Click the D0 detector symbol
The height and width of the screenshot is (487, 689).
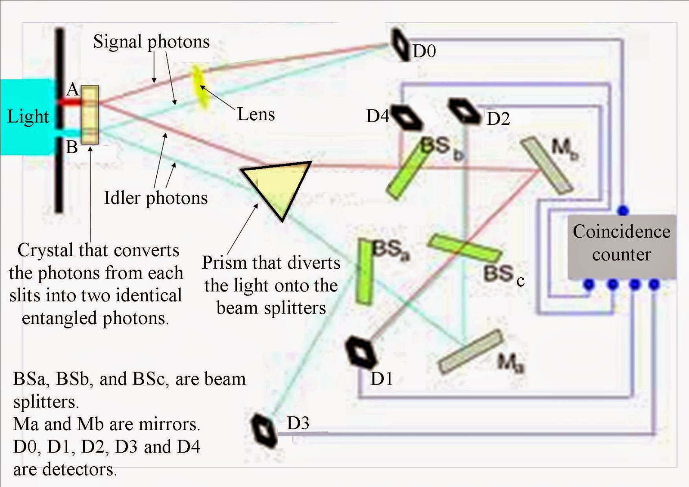click(x=400, y=45)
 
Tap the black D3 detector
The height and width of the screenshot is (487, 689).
click(x=264, y=430)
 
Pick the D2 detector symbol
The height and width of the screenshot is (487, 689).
click(x=464, y=111)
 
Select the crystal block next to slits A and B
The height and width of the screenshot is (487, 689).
click(x=90, y=115)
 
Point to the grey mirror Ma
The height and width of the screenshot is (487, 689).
click(x=471, y=351)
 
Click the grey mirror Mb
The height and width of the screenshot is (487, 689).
click(x=547, y=166)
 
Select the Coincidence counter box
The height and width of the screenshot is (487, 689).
click(x=621, y=246)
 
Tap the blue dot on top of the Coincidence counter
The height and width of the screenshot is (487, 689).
click(x=623, y=211)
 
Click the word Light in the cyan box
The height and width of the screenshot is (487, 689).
click(x=28, y=117)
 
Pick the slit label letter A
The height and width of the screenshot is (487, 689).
click(x=72, y=90)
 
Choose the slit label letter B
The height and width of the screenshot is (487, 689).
click(x=71, y=147)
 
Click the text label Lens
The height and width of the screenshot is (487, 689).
click(x=256, y=115)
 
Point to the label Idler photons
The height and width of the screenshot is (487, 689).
click(x=155, y=198)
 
